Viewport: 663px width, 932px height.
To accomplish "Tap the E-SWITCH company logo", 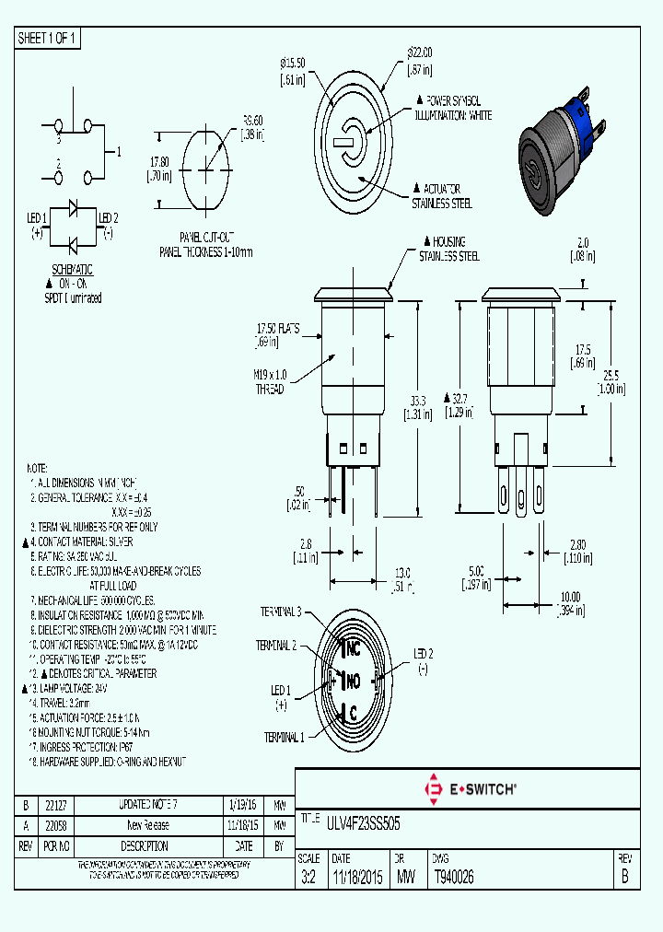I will click(x=470, y=788).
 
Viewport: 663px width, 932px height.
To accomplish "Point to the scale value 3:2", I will click(x=309, y=878).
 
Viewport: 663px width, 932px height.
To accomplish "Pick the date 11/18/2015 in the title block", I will click(x=357, y=878).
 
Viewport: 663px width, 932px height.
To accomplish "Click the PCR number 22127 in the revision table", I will click(x=57, y=805).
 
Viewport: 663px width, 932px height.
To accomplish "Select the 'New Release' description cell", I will click(x=145, y=825).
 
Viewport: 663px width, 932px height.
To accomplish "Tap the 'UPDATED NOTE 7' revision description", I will click(x=145, y=805).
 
